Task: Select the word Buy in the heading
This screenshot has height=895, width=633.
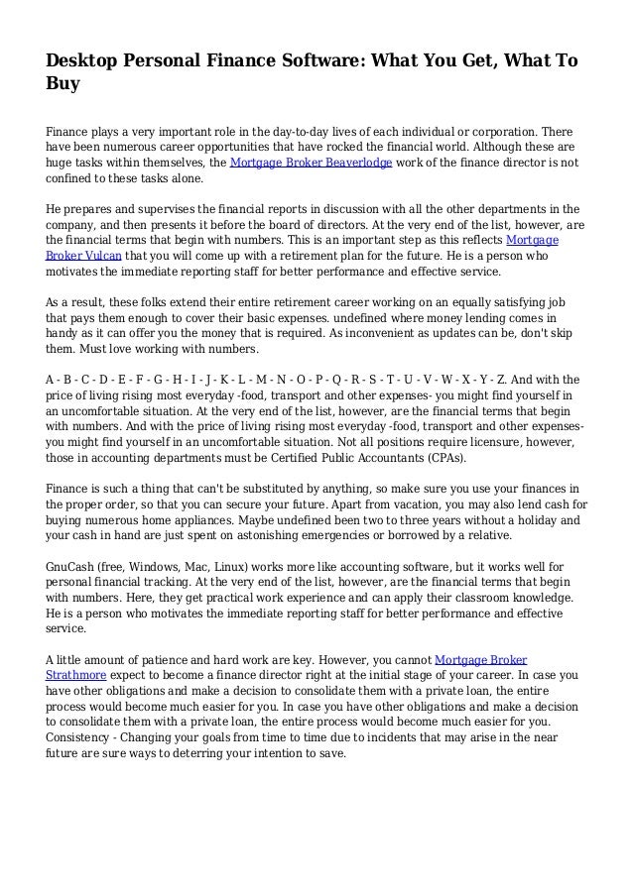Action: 63,85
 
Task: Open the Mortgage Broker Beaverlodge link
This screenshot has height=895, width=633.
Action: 311,164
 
